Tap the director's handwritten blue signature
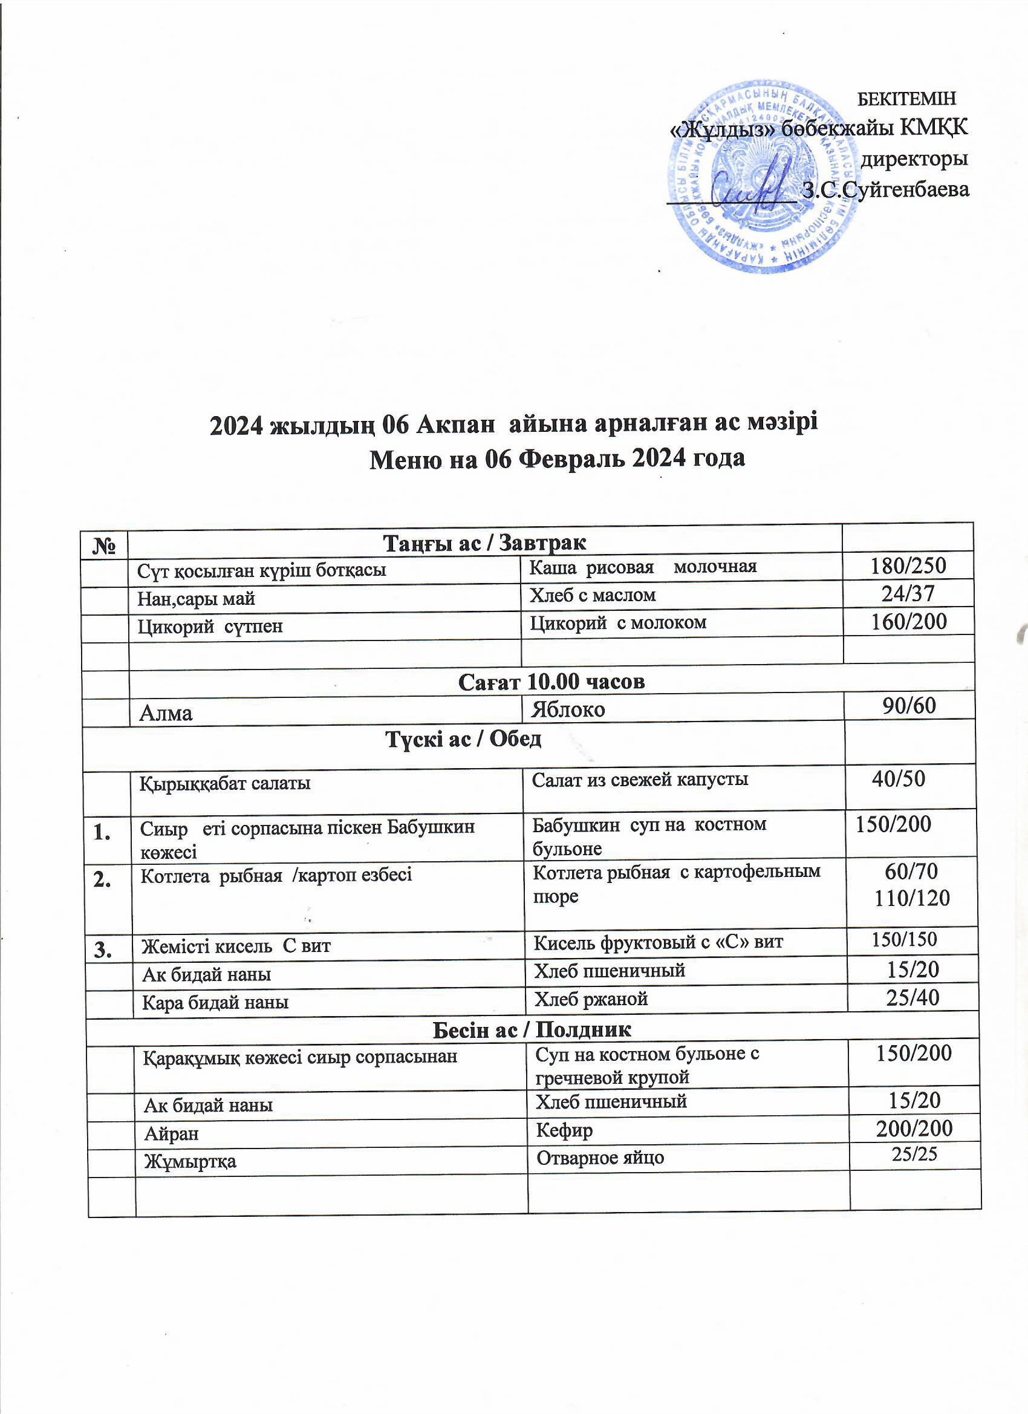click(x=749, y=184)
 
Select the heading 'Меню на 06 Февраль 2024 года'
click(x=558, y=458)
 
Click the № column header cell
click(x=105, y=542)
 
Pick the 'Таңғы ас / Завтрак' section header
click(x=484, y=542)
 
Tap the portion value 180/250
click(x=908, y=565)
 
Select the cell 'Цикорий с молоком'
click(x=618, y=622)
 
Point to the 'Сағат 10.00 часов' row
click(x=551, y=682)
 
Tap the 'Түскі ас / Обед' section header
click(x=463, y=739)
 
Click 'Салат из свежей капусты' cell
click(x=640, y=779)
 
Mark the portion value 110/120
click(x=912, y=898)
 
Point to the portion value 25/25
click(x=914, y=1154)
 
